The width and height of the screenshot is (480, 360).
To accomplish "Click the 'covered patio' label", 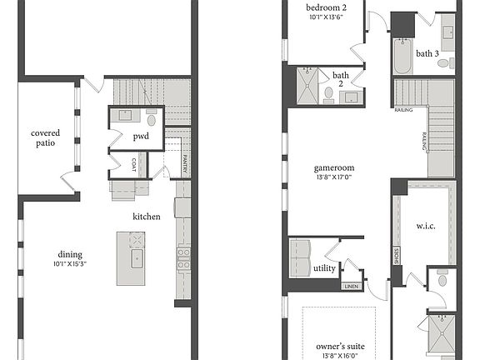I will click(x=43, y=137).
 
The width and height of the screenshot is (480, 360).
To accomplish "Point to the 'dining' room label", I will click(x=69, y=255).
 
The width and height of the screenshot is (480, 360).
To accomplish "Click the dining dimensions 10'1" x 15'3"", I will click(x=69, y=264).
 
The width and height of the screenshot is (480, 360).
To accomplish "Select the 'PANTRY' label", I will click(x=184, y=164).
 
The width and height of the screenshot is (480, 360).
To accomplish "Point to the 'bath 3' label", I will click(x=427, y=53).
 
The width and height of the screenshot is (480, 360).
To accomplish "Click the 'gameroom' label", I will click(x=330, y=166).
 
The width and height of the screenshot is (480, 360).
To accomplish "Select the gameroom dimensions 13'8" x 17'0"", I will click(x=330, y=176).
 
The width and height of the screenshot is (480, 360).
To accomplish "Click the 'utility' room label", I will click(x=325, y=268).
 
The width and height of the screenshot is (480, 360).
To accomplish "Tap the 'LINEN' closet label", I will click(x=351, y=287).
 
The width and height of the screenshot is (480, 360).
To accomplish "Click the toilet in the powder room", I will click(x=152, y=117).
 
